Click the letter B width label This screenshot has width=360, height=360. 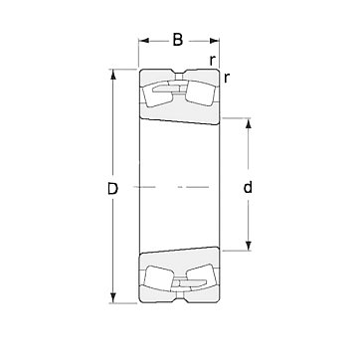pyautogui.click(x=178, y=40)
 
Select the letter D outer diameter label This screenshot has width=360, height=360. pyautogui.click(x=112, y=189)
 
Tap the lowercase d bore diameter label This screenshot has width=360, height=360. pyautogui.click(x=248, y=187)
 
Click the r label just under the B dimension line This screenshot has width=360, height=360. pyautogui.click(x=213, y=61)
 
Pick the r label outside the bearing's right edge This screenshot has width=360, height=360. pyautogui.click(x=227, y=78)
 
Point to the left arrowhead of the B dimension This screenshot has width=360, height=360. pyautogui.click(x=144, y=41)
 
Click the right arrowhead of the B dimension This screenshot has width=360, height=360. pyautogui.click(x=214, y=41)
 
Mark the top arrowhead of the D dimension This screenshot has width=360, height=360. pyautogui.click(x=113, y=75)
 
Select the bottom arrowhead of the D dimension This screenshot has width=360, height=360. pyautogui.click(x=113, y=298)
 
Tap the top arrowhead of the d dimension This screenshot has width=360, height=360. pyautogui.click(x=248, y=123)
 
